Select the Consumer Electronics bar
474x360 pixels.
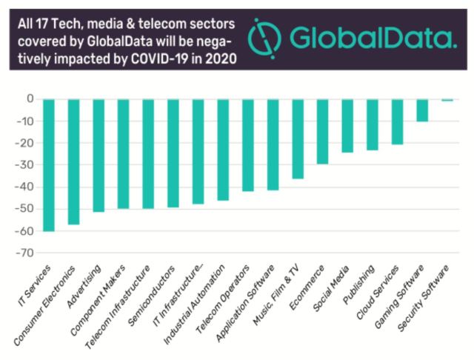tap(73, 161)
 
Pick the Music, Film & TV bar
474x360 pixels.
tap(298, 139)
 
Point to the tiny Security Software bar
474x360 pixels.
tap(447, 100)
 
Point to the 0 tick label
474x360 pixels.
tap(30, 99)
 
